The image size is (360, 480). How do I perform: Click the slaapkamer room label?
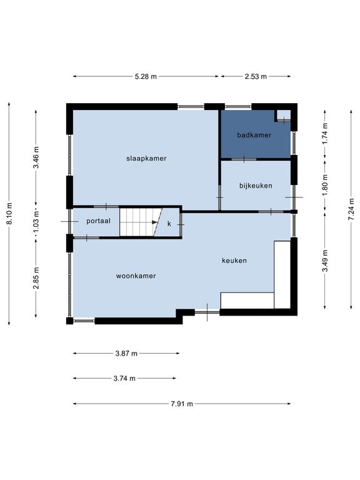tap(146, 159)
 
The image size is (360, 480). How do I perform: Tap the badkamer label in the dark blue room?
tap(254, 135)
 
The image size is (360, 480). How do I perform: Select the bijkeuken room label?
tap(256, 186)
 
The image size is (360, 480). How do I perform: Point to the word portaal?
tap(98, 221)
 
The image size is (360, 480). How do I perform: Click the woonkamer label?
tap(136, 276)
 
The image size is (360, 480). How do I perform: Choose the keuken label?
tap(234, 261)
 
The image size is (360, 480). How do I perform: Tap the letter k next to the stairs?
tap(169, 224)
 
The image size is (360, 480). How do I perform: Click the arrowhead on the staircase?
tap(154, 222)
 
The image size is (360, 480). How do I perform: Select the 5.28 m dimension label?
tap(146, 76)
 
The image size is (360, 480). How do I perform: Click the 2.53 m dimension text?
tap(256, 76)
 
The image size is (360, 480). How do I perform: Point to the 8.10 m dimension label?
tap(9, 213)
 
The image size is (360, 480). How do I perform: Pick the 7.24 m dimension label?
tap(351, 209)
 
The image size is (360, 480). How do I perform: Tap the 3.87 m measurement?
tap(126, 354)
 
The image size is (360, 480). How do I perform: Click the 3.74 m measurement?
tap(124, 379)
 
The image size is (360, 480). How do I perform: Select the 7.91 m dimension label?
tap(182, 404)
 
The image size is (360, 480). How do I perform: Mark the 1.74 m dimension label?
tap(325, 134)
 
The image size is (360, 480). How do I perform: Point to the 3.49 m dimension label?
tap(325, 261)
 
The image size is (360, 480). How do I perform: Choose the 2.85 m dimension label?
tap(36, 278)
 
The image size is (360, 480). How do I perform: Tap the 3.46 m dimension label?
tap(36, 157)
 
